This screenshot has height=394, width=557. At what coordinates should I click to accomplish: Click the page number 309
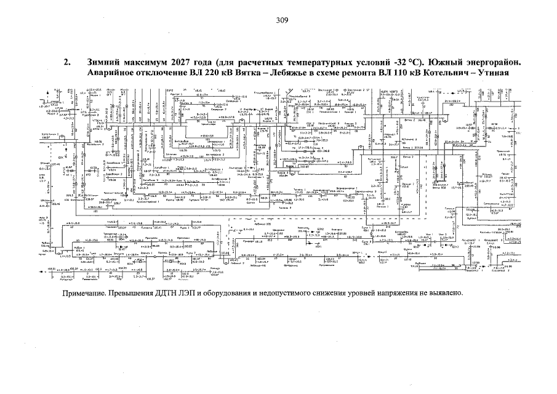coord(283,20)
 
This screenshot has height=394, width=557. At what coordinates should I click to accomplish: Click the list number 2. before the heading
coord(68,63)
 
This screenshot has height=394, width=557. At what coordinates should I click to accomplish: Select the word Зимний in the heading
coord(106,63)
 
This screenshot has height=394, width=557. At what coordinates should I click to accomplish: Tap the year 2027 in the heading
coord(181,63)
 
